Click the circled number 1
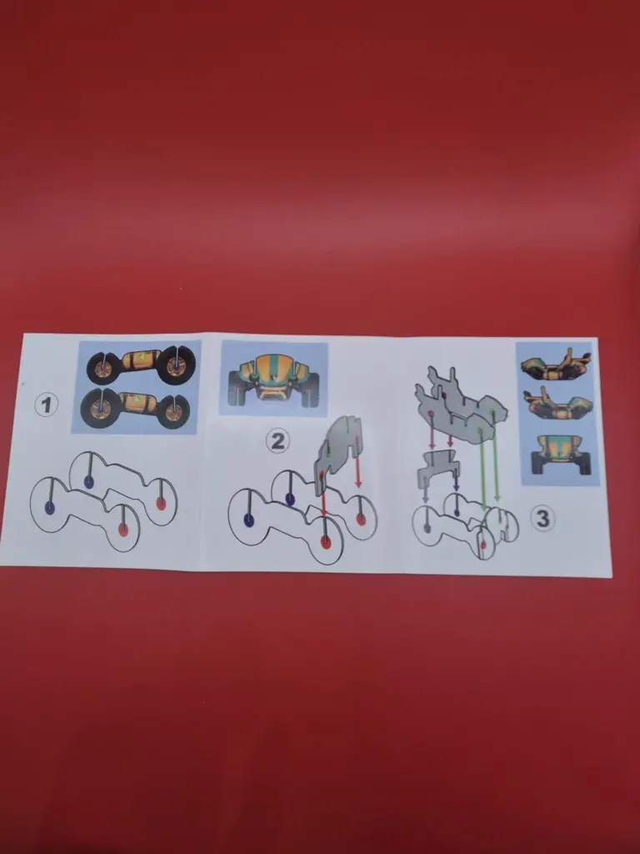tap(46, 405)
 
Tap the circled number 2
tap(277, 441)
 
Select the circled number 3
tap(542, 518)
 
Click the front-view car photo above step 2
tap(273, 379)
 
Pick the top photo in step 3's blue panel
tap(555, 364)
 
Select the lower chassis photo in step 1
tap(136, 408)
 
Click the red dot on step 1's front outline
tap(123, 530)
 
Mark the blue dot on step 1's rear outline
tap(88, 481)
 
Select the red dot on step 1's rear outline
tap(161, 503)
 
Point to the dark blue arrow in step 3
tap(456, 480)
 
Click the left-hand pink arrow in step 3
tap(432, 432)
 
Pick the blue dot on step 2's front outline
tap(248, 520)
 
